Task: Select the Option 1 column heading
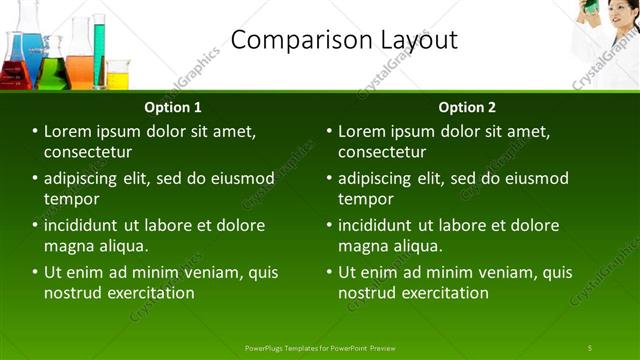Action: [x=173, y=107]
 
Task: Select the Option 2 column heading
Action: [x=467, y=107]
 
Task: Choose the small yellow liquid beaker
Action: [x=118, y=76]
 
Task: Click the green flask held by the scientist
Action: [x=591, y=7]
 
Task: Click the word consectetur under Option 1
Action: [x=89, y=152]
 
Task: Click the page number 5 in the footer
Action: [x=590, y=348]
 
